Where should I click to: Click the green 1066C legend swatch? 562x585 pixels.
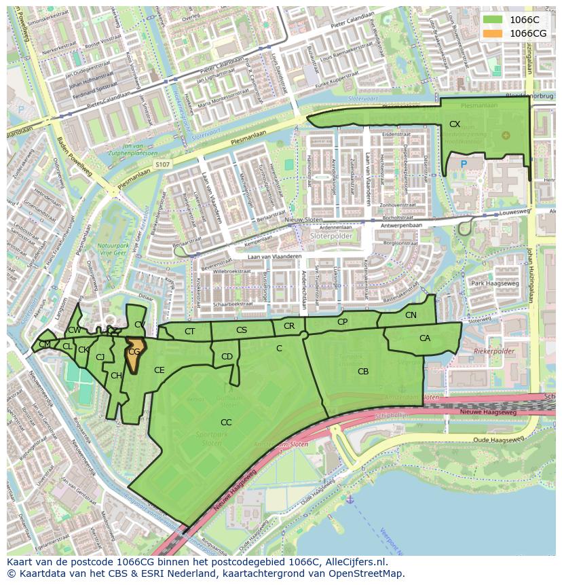tap(493, 20)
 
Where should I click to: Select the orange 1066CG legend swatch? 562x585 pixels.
tap(493, 33)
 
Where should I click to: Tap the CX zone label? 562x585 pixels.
tap(455, 124)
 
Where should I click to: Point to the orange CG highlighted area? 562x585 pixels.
tap(134, 354)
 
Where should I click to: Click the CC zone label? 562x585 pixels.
tap(226, 423)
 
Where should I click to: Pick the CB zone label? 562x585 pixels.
tap(363, 372)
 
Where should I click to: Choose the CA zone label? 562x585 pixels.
tap(425, 338)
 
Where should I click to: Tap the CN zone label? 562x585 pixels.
tap(411, 315)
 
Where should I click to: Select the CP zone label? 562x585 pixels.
tap(342, 322)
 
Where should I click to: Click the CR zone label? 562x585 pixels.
tap(289, 326)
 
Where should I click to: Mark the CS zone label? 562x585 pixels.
tap(242, 330)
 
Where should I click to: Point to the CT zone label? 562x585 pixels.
tap(189, 332)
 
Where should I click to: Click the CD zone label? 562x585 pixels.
tap(227, 357)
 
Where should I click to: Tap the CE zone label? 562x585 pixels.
tap(160, 370)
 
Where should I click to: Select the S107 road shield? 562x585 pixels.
tap(162, 164)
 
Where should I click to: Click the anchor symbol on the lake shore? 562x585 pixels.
tap(350, 499)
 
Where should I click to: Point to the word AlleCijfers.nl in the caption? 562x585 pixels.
tap(356, 562)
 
